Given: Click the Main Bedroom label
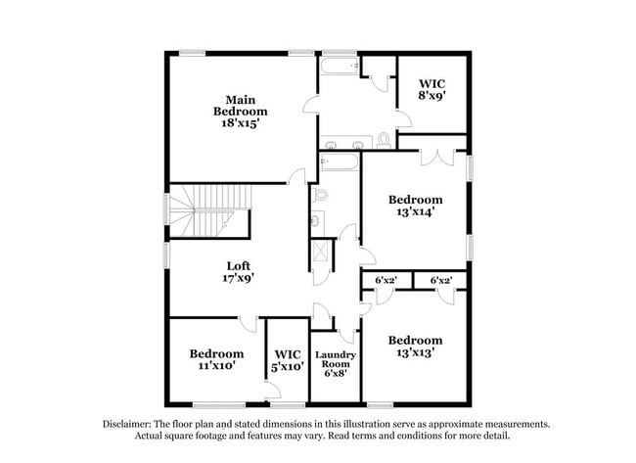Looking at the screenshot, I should click(241, 106).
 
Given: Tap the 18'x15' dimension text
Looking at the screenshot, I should click(241, 124).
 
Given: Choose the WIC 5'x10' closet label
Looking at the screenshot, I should click(288, 360).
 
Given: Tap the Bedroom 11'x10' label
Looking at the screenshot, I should click(216, 360).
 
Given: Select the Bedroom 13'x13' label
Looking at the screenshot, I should click(415, 347).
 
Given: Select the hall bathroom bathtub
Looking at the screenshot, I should click(340, 162).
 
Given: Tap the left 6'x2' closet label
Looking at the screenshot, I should click(385, 281).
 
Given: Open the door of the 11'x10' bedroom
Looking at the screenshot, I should click(250, 327).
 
